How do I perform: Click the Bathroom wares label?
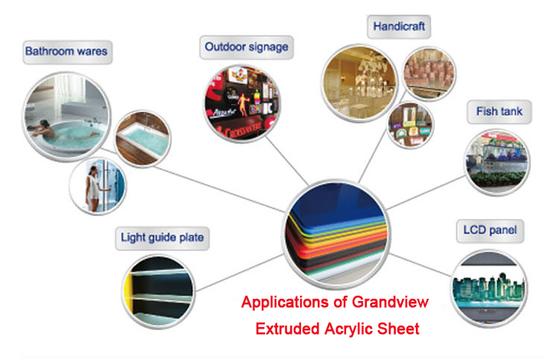click(67, 52)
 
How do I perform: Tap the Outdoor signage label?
click(247, 47)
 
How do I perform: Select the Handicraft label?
click(399, 26)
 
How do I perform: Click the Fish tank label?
click(499, 112)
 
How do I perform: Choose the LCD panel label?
click(490, 231)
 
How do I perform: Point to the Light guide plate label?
click(162, 238)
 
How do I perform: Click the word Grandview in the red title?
click(390, 303)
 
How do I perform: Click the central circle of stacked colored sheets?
click(337, 234)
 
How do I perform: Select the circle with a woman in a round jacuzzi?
click(67, 116)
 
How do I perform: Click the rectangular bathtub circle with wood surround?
click(142, 139)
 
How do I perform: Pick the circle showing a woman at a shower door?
click(98, 185)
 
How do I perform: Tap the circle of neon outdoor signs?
click(243, 103)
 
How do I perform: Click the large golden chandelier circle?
click(360, 83)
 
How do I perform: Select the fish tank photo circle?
click(498, 162)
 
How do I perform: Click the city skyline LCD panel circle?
click(489, 288)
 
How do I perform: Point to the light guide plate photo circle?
click(159, 291)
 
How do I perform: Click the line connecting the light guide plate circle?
click(240, 273)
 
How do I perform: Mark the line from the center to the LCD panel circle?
click(420, 265)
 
